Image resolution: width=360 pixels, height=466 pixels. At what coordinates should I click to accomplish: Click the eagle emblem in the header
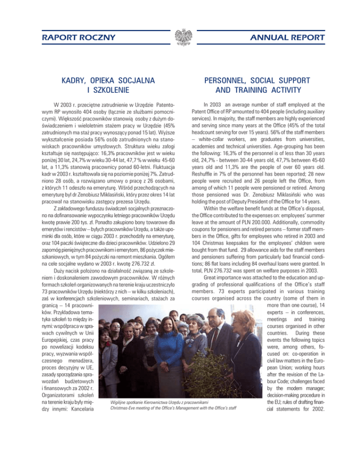pos(180,37)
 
